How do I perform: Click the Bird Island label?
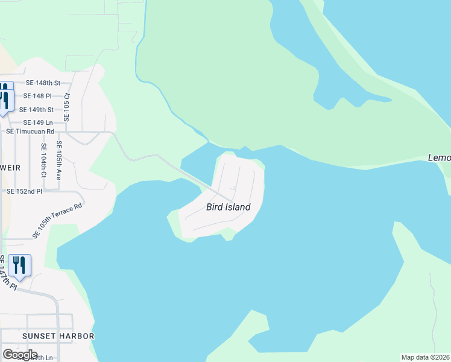click(228, 207)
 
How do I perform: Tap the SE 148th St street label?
click(43, 83)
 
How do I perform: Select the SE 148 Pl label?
click(37, 96)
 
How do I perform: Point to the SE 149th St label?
click(37, 110)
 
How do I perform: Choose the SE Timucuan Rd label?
click(30, 131)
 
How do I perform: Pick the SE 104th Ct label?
click(44, 160)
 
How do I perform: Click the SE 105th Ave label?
click(59, 158)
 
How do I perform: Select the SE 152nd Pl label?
click(25, 191)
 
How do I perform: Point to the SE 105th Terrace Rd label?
click(57, 220)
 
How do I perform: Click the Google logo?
click(19, 355)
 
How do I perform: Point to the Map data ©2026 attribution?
click(426, 357)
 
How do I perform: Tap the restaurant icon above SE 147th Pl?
click(19, 265)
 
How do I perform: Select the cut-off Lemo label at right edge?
click(439, 157)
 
